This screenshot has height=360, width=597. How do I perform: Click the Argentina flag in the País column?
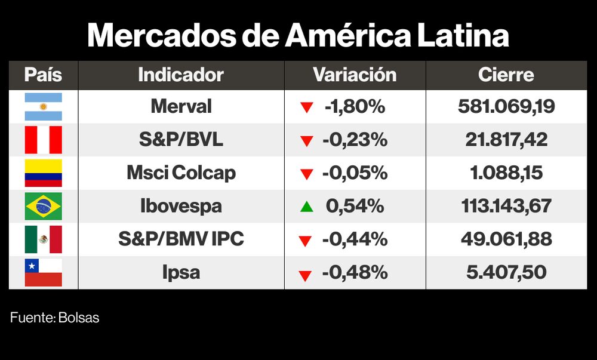coord(43,107)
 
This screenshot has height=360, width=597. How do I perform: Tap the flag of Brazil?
coord(43,207)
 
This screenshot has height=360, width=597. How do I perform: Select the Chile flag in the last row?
coord(43,273)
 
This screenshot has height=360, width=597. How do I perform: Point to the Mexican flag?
coord(43,239)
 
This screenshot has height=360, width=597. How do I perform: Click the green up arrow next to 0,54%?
coord(306,207)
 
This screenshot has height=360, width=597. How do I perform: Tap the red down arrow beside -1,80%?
coord(306,108)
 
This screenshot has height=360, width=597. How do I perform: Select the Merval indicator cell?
coord(181,107)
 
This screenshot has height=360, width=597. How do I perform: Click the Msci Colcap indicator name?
coord(181,173)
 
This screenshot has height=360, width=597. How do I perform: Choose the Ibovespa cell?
coord(181,207)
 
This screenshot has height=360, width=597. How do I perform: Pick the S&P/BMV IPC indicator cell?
coord(181,239)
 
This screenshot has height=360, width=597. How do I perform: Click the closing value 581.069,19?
coord(506,107)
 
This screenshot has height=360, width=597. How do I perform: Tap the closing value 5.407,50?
coord(506,273)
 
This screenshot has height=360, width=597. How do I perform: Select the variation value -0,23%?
coord(355,140)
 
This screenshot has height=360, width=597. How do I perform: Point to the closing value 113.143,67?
coord(506,207)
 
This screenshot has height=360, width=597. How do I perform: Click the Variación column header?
coord(355,75)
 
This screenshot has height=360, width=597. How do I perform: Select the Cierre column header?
coord(506,75)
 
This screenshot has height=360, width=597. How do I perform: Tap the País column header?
coord(43,75)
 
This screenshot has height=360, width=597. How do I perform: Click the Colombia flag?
coord(43,173)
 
